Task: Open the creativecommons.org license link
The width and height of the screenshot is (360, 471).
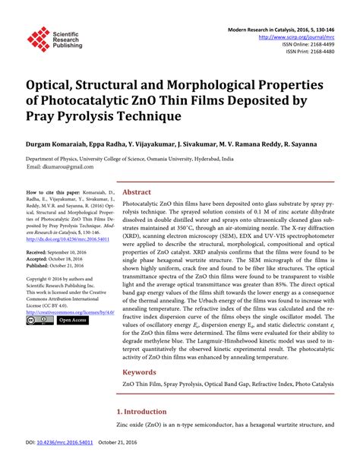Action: [x=69, y=311]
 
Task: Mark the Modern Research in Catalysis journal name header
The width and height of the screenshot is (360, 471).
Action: [x=276, y=27]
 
